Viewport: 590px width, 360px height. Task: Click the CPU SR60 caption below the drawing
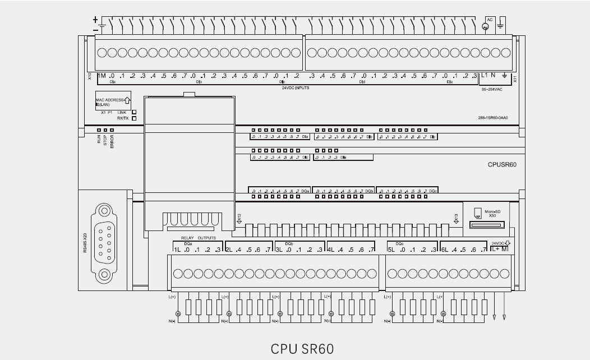point(302,349)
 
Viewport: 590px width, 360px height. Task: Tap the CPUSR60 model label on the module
point(503,165)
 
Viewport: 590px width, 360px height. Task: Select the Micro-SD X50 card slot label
point(492,213)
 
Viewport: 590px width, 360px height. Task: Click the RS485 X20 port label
point(85,243)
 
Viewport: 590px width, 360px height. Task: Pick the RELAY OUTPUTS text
point(194,238)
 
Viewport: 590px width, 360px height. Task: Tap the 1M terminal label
point(102,76)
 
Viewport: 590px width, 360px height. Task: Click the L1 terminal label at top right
point(485,76)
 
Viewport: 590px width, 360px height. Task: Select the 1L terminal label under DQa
point(177,250)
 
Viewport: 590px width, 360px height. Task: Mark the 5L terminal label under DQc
point(392,250)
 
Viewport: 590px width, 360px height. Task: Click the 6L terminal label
point(445,250)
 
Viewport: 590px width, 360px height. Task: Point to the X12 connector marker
point(239,218)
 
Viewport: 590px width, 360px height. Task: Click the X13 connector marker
point(456,218)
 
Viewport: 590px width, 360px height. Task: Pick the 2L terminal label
point(229,250)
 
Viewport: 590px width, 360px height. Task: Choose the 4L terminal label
point(331,250)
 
